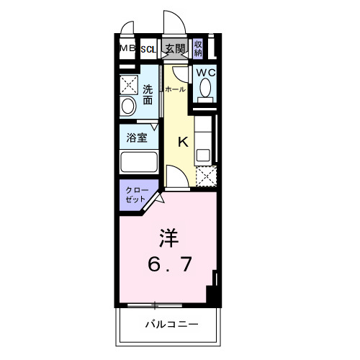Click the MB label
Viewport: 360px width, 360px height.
127,48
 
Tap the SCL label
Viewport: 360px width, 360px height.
148,49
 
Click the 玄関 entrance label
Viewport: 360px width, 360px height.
174,49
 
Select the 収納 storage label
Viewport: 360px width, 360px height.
198,49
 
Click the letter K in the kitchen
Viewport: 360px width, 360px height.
183,142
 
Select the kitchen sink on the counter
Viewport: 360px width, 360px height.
203,153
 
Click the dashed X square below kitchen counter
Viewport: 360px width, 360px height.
204,175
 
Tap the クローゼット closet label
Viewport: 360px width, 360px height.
136,194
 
